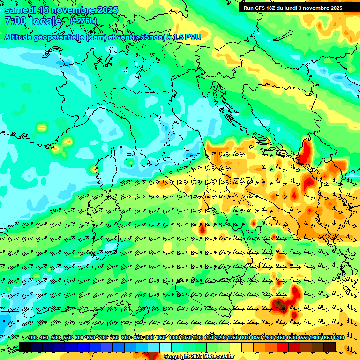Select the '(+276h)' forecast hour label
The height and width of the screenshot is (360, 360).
tap(83, 21)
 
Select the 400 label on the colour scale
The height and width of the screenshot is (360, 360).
tap(32, 338)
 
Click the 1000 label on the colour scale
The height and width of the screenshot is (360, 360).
tap(174, 338)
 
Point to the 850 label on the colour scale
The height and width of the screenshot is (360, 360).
tap(138, 338)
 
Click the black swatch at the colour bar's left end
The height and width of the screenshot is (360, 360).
tap(25, 346)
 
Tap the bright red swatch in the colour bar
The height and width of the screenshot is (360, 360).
tap(282, 346)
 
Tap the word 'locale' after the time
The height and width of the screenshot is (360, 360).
tap(46, 21)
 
